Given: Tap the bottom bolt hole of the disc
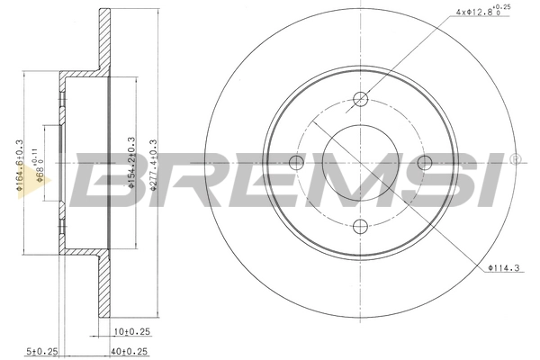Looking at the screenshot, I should click(360, 226).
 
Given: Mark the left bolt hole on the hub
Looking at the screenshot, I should click(296, 162).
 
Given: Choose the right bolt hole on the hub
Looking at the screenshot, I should click(424, 162).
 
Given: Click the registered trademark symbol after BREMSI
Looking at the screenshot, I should click(515, 160).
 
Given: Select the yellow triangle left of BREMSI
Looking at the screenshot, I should click(41, 186).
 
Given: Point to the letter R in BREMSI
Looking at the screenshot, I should click(171, 180).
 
